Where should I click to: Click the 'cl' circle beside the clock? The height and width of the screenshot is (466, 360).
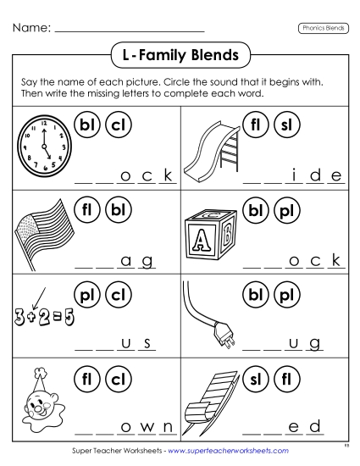(118, 126)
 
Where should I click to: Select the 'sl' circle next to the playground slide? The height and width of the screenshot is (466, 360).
(285, 126)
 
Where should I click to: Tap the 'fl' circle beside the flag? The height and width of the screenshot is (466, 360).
(87, 208)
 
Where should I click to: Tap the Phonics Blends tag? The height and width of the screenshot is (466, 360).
(324, 27)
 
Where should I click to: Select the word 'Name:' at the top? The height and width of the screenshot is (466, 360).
(30, 28)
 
